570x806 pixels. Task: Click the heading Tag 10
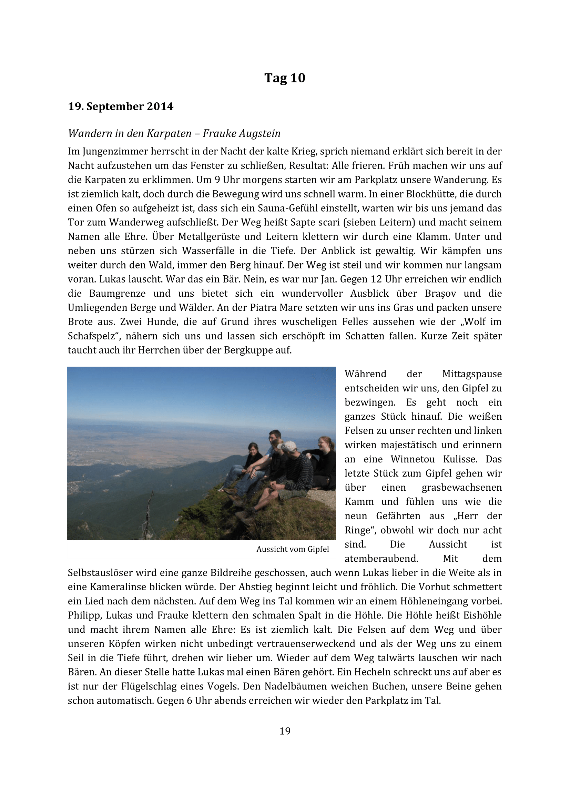click(x=285, y=78)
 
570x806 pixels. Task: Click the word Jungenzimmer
click(x=115, y=151)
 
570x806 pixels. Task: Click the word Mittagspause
click(x=472, y=374)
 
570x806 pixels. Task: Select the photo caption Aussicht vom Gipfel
click(x=292, y=549)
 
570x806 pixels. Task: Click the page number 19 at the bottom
click(x=285, y=731)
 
